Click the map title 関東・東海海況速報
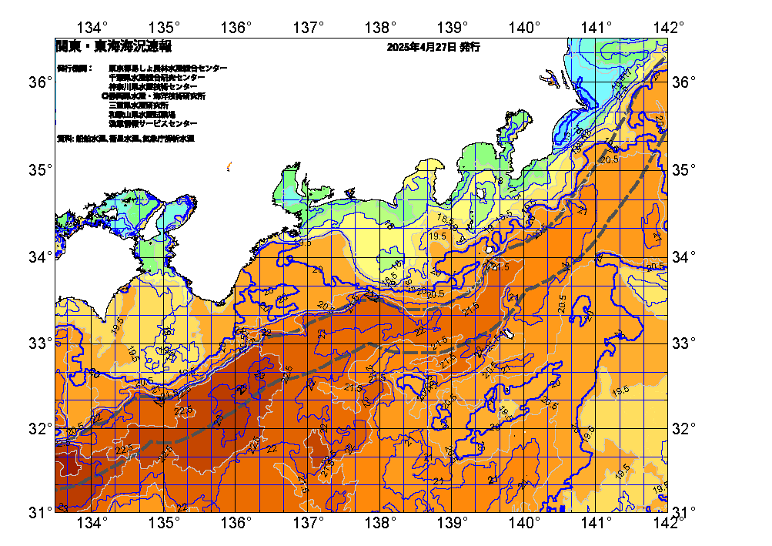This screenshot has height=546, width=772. pos(113,47)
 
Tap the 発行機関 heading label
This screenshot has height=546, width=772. pos(72,69)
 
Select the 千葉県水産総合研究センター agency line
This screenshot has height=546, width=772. pos(157,78)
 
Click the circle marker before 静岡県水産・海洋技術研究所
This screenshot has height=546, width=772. pos(105,96)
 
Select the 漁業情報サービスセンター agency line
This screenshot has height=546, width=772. pos(152,123)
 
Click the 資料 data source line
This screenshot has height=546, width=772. pos(125,139)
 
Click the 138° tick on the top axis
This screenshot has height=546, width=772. pos(380,28)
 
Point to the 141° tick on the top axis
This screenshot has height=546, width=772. pos(596,28)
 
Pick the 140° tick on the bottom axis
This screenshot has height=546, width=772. pos(524,524)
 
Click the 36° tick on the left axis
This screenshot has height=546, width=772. pos(38,82)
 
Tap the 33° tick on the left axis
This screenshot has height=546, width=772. pos(38,342)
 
